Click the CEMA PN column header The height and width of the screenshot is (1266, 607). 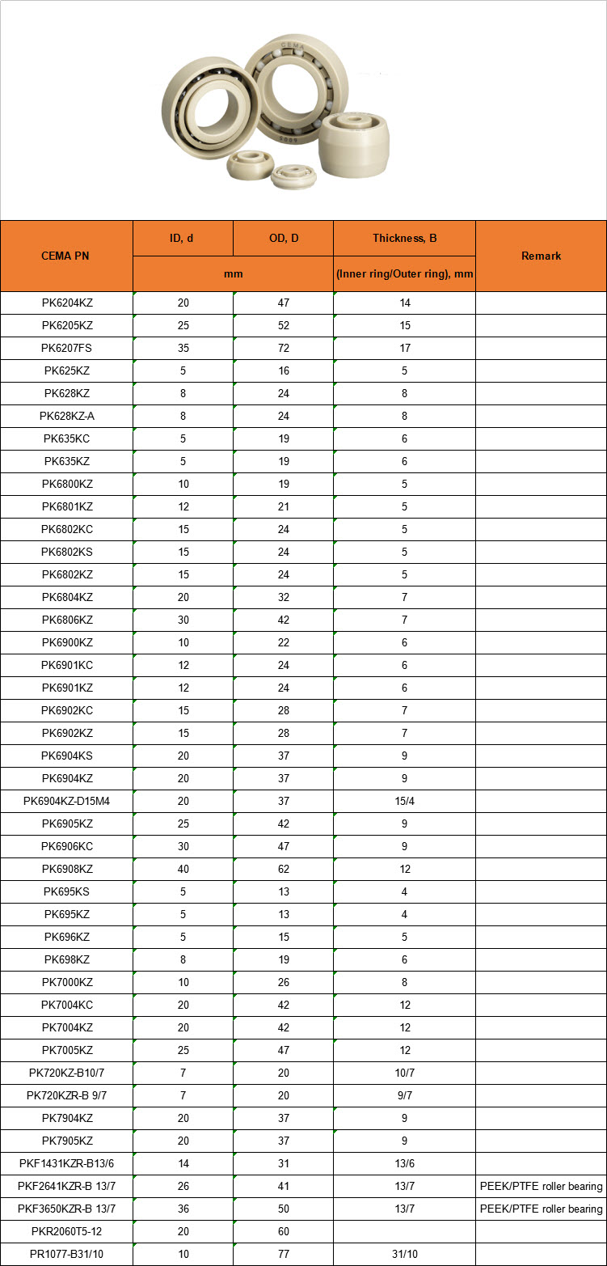coord(66,256)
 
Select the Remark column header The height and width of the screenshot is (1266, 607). coord(541,256)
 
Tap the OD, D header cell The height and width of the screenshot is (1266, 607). coord(283,238)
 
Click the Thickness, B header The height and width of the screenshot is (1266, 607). coord(404,238)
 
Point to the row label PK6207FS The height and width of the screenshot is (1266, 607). coord(66,348)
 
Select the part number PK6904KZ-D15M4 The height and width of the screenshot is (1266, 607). coord(66,801)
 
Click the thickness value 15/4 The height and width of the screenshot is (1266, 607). coord(404,801)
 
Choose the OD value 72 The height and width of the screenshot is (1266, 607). coord(283,348)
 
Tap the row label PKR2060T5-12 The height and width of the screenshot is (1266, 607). coord(66,1231)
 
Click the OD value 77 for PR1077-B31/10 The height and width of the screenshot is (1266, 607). coord(283,1254)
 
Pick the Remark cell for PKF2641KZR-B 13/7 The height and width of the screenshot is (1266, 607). coord(541,1186)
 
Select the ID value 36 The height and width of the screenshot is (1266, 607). coord(183,1209)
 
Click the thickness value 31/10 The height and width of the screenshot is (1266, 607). coord(404,1254)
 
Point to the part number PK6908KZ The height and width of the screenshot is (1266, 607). coord(66,869)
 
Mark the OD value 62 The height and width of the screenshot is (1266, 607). coord(283,869)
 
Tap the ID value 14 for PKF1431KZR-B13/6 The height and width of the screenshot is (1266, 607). coord(183,1163)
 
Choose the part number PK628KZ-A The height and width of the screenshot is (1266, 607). coord(66,416)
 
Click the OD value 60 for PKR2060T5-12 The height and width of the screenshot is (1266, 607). coord(283,1231)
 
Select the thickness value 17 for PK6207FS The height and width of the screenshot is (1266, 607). coord(404,348)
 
